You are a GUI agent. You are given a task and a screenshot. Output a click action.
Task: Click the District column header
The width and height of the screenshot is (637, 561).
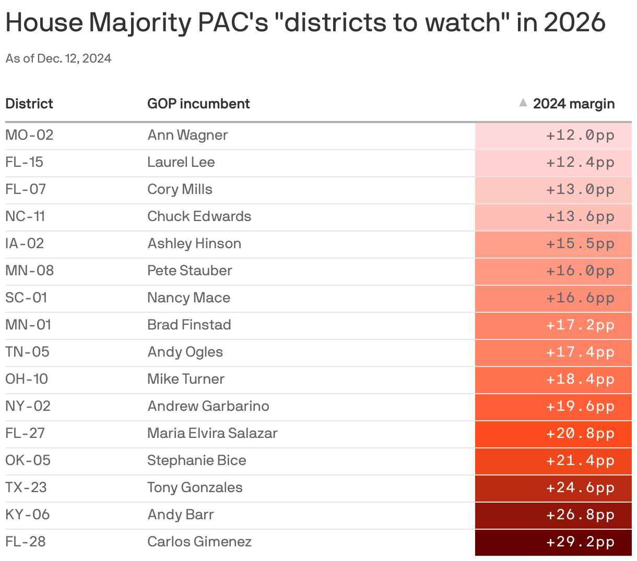pos(29,104)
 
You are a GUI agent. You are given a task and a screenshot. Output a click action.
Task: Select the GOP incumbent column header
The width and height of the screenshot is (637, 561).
pos(198,104)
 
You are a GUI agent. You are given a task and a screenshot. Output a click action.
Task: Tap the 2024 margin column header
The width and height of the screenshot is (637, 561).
pos(573,104)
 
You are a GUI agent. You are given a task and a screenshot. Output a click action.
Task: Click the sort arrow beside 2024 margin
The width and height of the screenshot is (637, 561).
pos(523,103)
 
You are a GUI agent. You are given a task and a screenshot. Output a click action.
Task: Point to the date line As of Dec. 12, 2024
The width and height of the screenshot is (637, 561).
pos(58,58)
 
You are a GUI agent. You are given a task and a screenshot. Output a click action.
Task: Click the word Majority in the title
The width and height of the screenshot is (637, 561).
pos(138,23)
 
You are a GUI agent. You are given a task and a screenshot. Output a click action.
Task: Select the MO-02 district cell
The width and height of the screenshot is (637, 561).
pos(29,135)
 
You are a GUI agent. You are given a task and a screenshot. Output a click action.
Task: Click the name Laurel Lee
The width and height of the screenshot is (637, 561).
pos(181,162)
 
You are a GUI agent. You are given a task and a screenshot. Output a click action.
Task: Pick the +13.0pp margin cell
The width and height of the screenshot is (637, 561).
pos(580,189)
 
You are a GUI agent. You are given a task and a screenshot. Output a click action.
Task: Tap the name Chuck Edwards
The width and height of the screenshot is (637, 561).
pos(199,216)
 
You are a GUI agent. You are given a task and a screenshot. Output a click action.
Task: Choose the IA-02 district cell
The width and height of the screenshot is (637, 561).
pos(25,243)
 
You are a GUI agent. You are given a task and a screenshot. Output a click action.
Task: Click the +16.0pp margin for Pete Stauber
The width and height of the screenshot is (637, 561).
pos(580,271)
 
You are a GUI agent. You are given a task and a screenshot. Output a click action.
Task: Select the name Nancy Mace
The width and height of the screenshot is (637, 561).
pos(188,298)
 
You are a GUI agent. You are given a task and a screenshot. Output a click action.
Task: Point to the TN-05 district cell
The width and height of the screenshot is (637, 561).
pos(27,352)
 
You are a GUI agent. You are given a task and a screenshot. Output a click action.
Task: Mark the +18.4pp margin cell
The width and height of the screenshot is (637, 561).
pos(580,379)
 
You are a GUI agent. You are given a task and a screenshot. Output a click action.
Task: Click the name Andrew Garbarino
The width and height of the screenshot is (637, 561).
pos(208,406)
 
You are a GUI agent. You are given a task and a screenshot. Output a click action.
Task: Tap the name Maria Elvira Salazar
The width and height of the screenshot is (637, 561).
pos(212,433)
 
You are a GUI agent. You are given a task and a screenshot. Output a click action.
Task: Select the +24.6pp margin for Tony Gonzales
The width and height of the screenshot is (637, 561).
pos(580,487)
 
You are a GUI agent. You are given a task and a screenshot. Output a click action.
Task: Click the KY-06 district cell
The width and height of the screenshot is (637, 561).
pos(27,515)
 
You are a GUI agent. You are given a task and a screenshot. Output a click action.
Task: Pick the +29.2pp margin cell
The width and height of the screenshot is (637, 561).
pos(580,542)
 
